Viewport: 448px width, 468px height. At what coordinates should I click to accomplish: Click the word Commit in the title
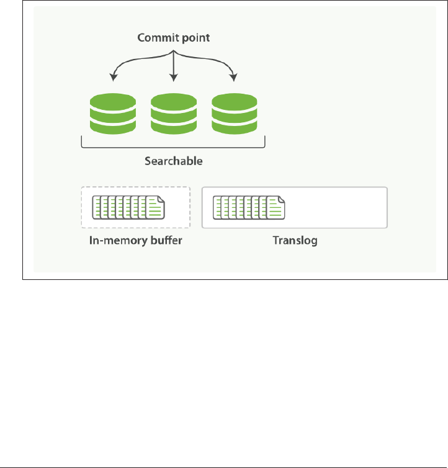(x=154, y=38)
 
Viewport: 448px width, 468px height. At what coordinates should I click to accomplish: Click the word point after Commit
(x=195, y=38)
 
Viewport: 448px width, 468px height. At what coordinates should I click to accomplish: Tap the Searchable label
(x=174, y=161)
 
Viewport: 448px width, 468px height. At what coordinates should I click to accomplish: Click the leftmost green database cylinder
(x=113, y=114)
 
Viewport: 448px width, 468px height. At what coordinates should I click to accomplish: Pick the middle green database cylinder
(x=174, y=114)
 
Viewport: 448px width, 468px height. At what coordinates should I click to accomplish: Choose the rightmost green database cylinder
(x=235, y=114)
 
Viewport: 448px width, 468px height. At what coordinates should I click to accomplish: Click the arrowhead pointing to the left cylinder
(x=113, y=78)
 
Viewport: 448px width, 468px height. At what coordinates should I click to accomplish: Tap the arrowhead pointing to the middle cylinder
(x=174, y=78)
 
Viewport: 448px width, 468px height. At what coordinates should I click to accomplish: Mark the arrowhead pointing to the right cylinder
(x=234, y=78)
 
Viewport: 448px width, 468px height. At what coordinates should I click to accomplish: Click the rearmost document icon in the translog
(x=218, y=207)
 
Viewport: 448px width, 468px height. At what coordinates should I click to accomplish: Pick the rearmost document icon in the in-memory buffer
(x=97, y=207)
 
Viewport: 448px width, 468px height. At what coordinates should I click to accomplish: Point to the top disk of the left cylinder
(x=113, y=101)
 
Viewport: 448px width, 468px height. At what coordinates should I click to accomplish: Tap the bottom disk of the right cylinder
(x=235, y=126)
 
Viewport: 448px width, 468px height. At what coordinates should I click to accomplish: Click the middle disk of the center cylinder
(x=174, y=114)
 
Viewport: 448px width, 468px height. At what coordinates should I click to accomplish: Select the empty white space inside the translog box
(x=338, y=207)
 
